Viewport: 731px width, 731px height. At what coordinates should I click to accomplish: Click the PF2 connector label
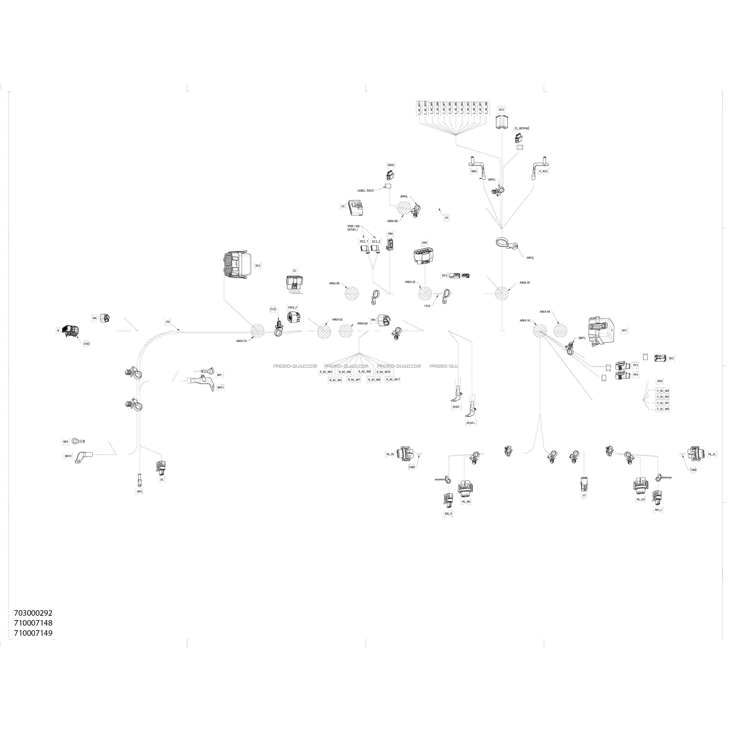point(258,266)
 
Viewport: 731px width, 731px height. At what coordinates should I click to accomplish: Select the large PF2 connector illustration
point(236,266)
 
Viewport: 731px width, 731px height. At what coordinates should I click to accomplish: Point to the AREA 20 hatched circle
point(502,294)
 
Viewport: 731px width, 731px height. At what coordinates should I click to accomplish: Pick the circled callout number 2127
point(273,309)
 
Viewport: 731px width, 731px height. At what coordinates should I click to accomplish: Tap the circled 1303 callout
point(86,344)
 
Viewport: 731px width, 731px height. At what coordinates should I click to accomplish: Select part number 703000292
point(33,612)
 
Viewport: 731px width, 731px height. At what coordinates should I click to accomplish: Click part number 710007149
point(33,633)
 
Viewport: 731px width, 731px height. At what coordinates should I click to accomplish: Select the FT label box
point(584,496)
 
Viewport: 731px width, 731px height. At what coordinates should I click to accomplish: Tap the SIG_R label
point(448,514)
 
